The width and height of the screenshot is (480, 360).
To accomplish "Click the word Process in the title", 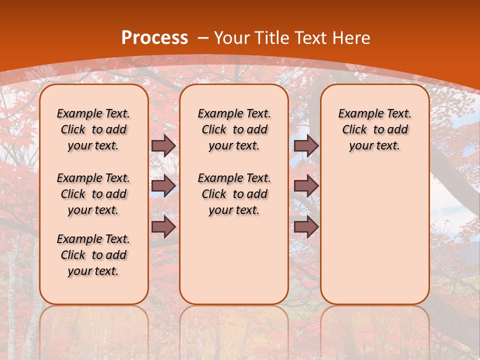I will tap(155, 38).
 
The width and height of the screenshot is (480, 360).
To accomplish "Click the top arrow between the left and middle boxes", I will tap(163, 145).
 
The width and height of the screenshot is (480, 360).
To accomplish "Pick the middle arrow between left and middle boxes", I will tap(163, 186).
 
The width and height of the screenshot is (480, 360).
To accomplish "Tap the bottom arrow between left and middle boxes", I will tap(163, 226).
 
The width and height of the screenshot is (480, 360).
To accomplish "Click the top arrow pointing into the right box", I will tap(306, 145).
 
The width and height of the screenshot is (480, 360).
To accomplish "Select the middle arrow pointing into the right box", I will tap(306, 186).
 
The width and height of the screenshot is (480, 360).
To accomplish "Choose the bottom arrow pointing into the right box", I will tap(306, 226).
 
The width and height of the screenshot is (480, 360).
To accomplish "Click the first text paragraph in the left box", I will tap(93, 129).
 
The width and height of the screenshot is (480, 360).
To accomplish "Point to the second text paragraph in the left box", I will tap(93, 194).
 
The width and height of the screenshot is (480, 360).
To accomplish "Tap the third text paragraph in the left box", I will tap(93, 255).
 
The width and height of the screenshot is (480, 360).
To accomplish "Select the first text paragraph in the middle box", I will tap(234, 129).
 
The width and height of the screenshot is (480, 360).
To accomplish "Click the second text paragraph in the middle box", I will tap(234, 194).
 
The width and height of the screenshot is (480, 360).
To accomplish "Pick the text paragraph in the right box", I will tap(374, 129).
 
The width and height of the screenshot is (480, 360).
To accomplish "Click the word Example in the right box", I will tap(357, 113).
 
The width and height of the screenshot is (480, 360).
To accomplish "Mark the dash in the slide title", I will tap(203, 38).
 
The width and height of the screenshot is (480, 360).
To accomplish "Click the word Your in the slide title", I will tap(231, 38).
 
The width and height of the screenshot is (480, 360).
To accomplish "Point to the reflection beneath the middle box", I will tap(234, 330).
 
